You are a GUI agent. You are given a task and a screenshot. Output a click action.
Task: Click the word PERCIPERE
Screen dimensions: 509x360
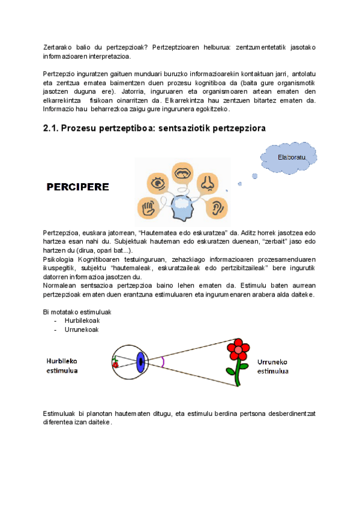(x=78, y=187)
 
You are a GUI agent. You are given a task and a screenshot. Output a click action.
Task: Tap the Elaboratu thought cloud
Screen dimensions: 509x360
(x=292, y=157)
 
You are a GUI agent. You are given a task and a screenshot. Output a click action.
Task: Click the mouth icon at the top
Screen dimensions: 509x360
(x=182, y=173)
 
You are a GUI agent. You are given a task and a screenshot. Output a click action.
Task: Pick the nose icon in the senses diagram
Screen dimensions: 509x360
(x=207, y=182)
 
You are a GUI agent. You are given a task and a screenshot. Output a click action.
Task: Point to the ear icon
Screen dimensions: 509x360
(x=217, y=208)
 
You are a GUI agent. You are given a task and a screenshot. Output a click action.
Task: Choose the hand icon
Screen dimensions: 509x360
(x=148, y=208)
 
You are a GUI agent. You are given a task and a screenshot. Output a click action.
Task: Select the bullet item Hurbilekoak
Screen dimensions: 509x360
(x=82, y=321)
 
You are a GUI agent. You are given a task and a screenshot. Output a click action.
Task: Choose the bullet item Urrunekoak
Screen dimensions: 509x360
(x=82, y=329)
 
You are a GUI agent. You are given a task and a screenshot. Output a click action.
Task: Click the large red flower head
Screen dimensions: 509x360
(x=240, y=349)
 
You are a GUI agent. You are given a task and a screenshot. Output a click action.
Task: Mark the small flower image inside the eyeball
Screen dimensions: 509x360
(x=115, y=362)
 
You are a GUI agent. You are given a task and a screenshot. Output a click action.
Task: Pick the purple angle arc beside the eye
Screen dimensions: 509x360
(x=162, y=361)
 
